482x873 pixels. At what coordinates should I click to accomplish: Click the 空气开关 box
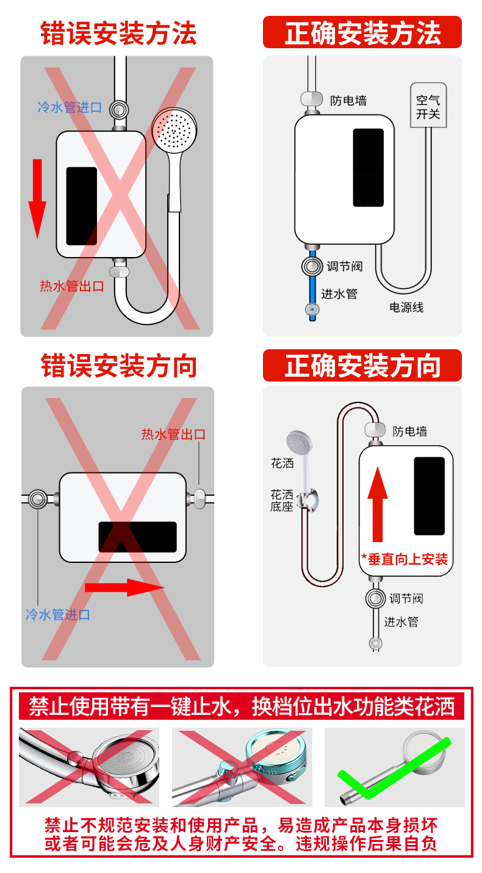pos(428,106)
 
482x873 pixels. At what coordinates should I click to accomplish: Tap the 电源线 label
pos(406,308)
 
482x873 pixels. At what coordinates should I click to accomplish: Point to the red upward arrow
pos(378,504)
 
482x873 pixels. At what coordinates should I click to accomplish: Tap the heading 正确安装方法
pos(362,33)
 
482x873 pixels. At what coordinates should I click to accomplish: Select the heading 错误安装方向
pos(118,366)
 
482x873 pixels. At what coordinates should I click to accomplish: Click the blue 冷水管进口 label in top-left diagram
pos(70,107)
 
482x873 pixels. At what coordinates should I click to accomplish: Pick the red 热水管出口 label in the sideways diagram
pos(173,435)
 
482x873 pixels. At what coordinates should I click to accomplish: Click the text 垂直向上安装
pos(405,559)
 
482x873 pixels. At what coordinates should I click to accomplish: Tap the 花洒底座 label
pos(282,501)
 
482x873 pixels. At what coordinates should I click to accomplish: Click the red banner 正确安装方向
pos(362,366)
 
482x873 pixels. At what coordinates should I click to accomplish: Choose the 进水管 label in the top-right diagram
pos(339,294)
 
